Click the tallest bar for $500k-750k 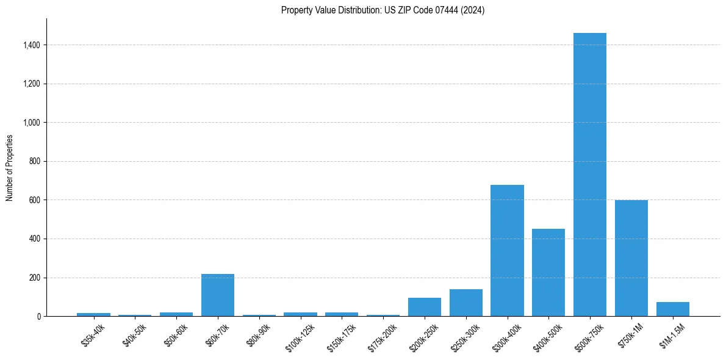(590, 175)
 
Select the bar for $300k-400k (507, 250)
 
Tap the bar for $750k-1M (631, 258)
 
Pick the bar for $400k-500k (548, 272)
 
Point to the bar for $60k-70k (218, 295)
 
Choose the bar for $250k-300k (466, 303)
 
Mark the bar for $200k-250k (425, 307)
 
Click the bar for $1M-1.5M (673, 309)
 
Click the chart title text (383, 10)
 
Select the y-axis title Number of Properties (10, 168)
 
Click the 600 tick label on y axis (34, 200)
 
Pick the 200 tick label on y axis (34, 278)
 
